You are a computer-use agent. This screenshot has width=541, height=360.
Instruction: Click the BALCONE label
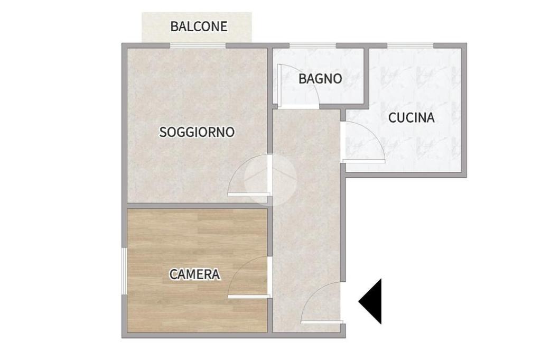pyautogui.click(x=199, y=26)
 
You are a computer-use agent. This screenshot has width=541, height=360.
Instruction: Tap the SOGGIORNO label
pyautogui.click(x=197, y=132)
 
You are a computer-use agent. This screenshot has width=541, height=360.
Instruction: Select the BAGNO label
pyautogui.click(x=320, y=79)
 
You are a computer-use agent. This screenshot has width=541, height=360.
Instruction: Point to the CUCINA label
pyautogui.click(x=411, y=118)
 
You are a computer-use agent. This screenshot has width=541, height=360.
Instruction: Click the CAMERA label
pyautogui.click(x=194, y=274)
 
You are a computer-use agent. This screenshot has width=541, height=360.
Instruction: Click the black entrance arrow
pyautogui.click(x=370, y=301)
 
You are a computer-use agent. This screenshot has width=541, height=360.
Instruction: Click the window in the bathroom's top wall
pyautogui.click(x=312, y=45)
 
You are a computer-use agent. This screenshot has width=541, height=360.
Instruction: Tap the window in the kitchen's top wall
pyautogui.click(x=410, y=45)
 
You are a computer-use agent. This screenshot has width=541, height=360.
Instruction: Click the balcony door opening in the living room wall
pyautogui.click(x=198, y=45)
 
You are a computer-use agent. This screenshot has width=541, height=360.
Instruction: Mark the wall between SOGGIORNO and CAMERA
pyautogui.click(x=197, y=206)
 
